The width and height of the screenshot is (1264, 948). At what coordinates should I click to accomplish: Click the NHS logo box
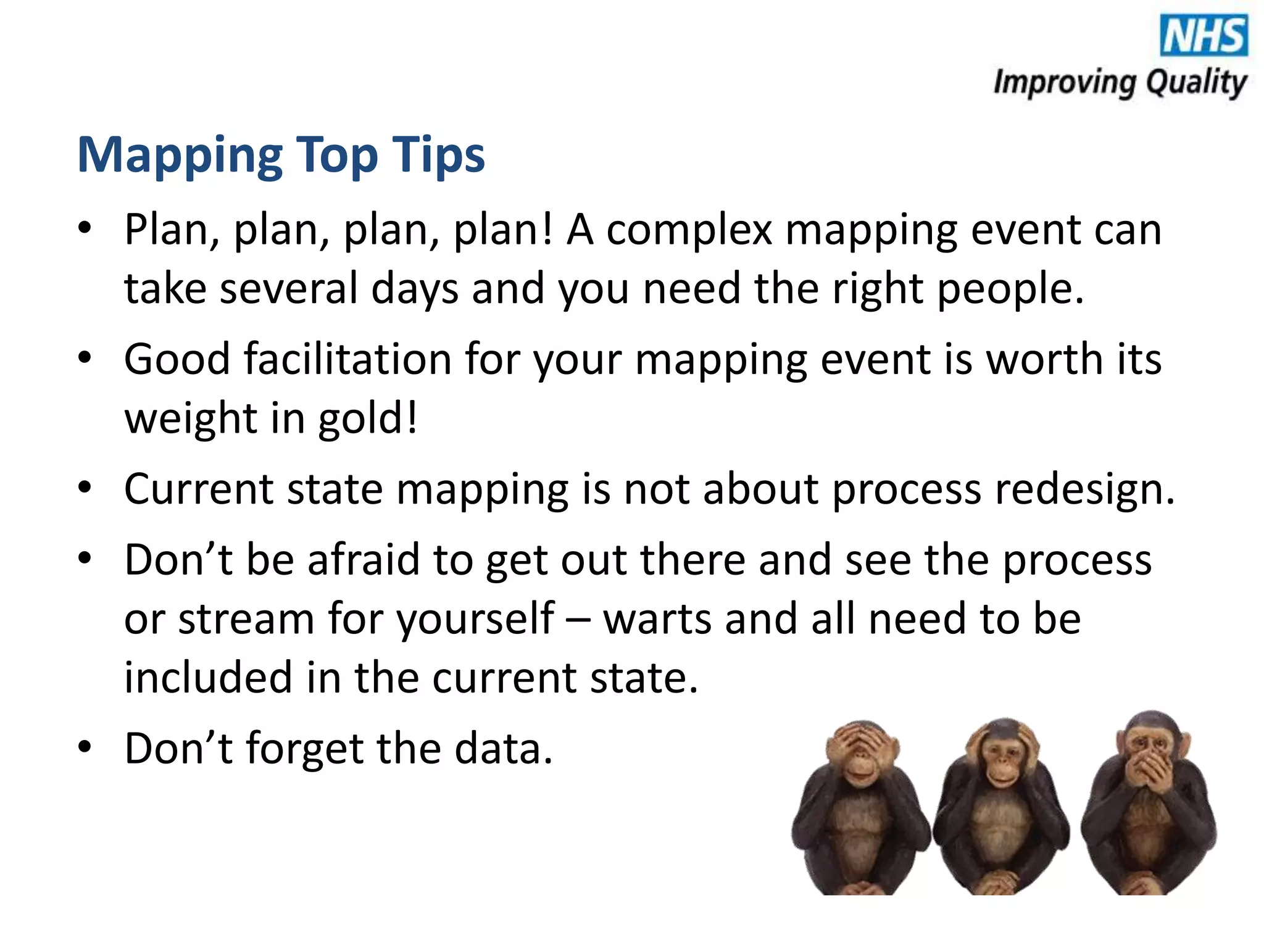click(x=1204, y=36)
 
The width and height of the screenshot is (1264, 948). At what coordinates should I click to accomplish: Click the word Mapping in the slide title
click(x=179, y=155)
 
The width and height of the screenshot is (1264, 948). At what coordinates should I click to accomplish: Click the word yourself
click(x=475, y=619)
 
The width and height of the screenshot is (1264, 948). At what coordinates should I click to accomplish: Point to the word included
click(x=208, y=678)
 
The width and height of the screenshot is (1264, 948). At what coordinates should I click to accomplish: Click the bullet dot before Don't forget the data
click(x=85, y=747)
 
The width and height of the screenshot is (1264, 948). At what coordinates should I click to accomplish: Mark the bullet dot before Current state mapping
click(x=85, y=488)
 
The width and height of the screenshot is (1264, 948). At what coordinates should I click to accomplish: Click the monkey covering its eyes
click(x=860, y=809)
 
